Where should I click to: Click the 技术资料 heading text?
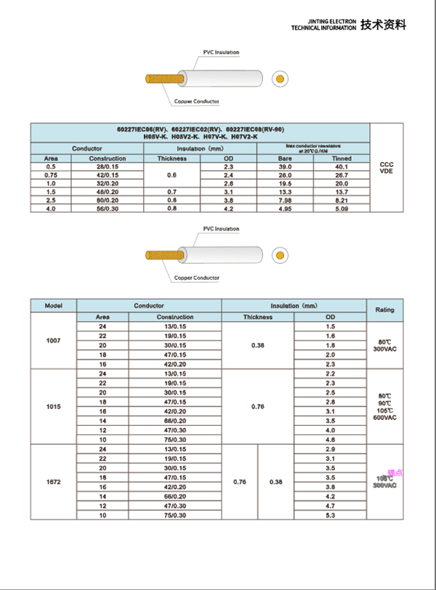[x=384, y=25]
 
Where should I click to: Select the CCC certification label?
[x=387, y=165]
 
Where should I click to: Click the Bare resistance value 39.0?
[x=285, y=167]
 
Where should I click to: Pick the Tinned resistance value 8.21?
[x=342, y=200]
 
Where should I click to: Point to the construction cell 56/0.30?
[x=107, y=209]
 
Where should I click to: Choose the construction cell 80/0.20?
[x=107, y=200]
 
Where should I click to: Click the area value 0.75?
[x=51, y=175]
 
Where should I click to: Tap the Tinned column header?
[x=342, y=158]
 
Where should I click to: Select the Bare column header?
[x=285, y=158]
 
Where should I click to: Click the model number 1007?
[x=53, y=341]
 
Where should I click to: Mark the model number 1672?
[x=53, y=482]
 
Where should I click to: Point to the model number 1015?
[x=53, y=406]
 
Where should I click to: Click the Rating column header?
[x=384, y=310]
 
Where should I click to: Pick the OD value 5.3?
[x=330, y=515]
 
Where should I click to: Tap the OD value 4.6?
[x=330, y=440]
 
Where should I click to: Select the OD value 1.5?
[x=330, y=327]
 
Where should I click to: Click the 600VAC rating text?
[x=384, y=418]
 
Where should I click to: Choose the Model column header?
[x=53, y=306]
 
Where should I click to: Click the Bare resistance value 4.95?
[x=285, y=209]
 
